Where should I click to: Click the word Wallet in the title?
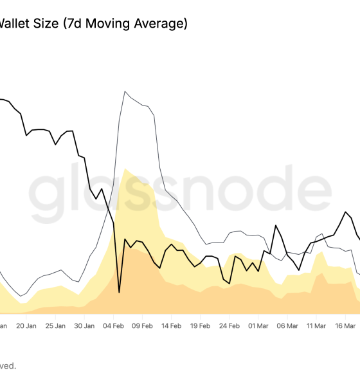pyautogui.click(x=16, y=24)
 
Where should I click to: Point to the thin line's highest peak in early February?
pyautogui.click(x=125, y=91)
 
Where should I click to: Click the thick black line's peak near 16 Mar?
pyautogui.click(x=347, y=212)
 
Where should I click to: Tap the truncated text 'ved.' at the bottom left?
pyautogui.click(x=8, y=366)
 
